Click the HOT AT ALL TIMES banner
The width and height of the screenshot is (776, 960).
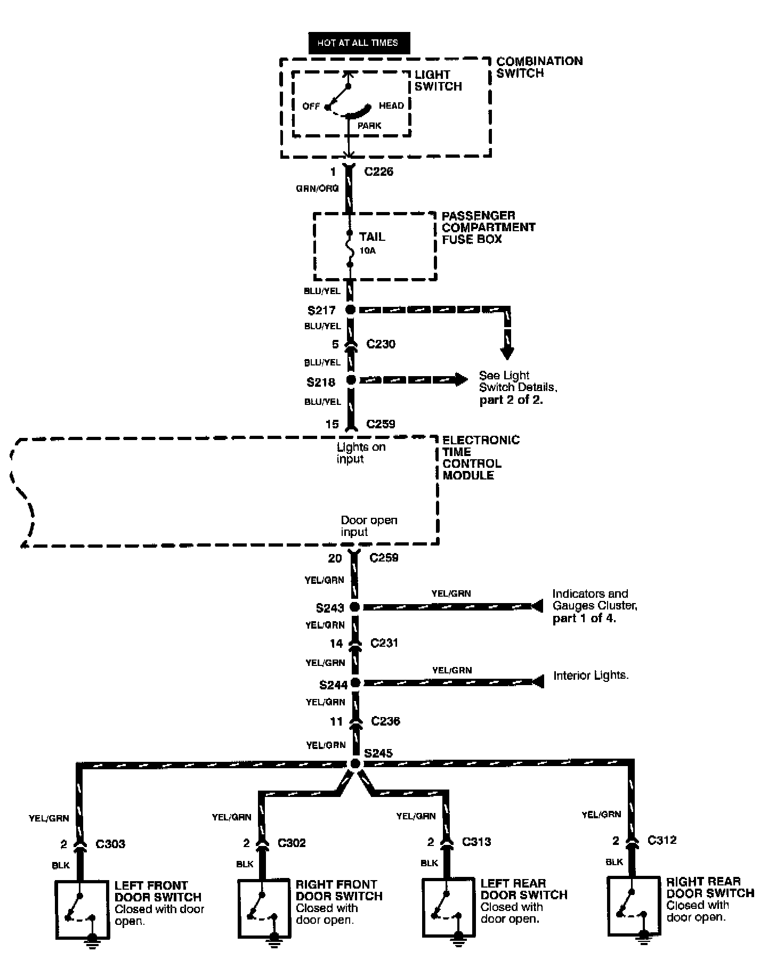click(359, 43)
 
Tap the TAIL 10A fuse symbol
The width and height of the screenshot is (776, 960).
click(350, 248)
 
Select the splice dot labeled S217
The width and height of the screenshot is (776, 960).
click(350, 310)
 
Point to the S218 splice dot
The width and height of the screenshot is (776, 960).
click(351, 380)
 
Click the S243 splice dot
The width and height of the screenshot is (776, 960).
click(354, 607)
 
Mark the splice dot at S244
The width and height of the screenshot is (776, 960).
click(355, 683)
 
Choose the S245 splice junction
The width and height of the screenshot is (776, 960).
click(355, 763)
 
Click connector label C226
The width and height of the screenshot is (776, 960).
click(378, 172)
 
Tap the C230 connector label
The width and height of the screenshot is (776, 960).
click(381, 344)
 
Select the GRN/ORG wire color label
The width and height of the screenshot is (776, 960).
click(318, 188)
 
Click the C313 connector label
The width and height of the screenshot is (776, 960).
click(476, 842)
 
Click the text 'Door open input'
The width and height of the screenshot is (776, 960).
click(369, 526)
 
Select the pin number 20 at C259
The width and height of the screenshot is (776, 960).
click(335, 558)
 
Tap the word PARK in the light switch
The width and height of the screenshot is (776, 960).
click(369, 126)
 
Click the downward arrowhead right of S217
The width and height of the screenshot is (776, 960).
click(507, 354)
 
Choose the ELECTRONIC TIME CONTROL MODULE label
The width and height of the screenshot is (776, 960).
click(480, 457)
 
